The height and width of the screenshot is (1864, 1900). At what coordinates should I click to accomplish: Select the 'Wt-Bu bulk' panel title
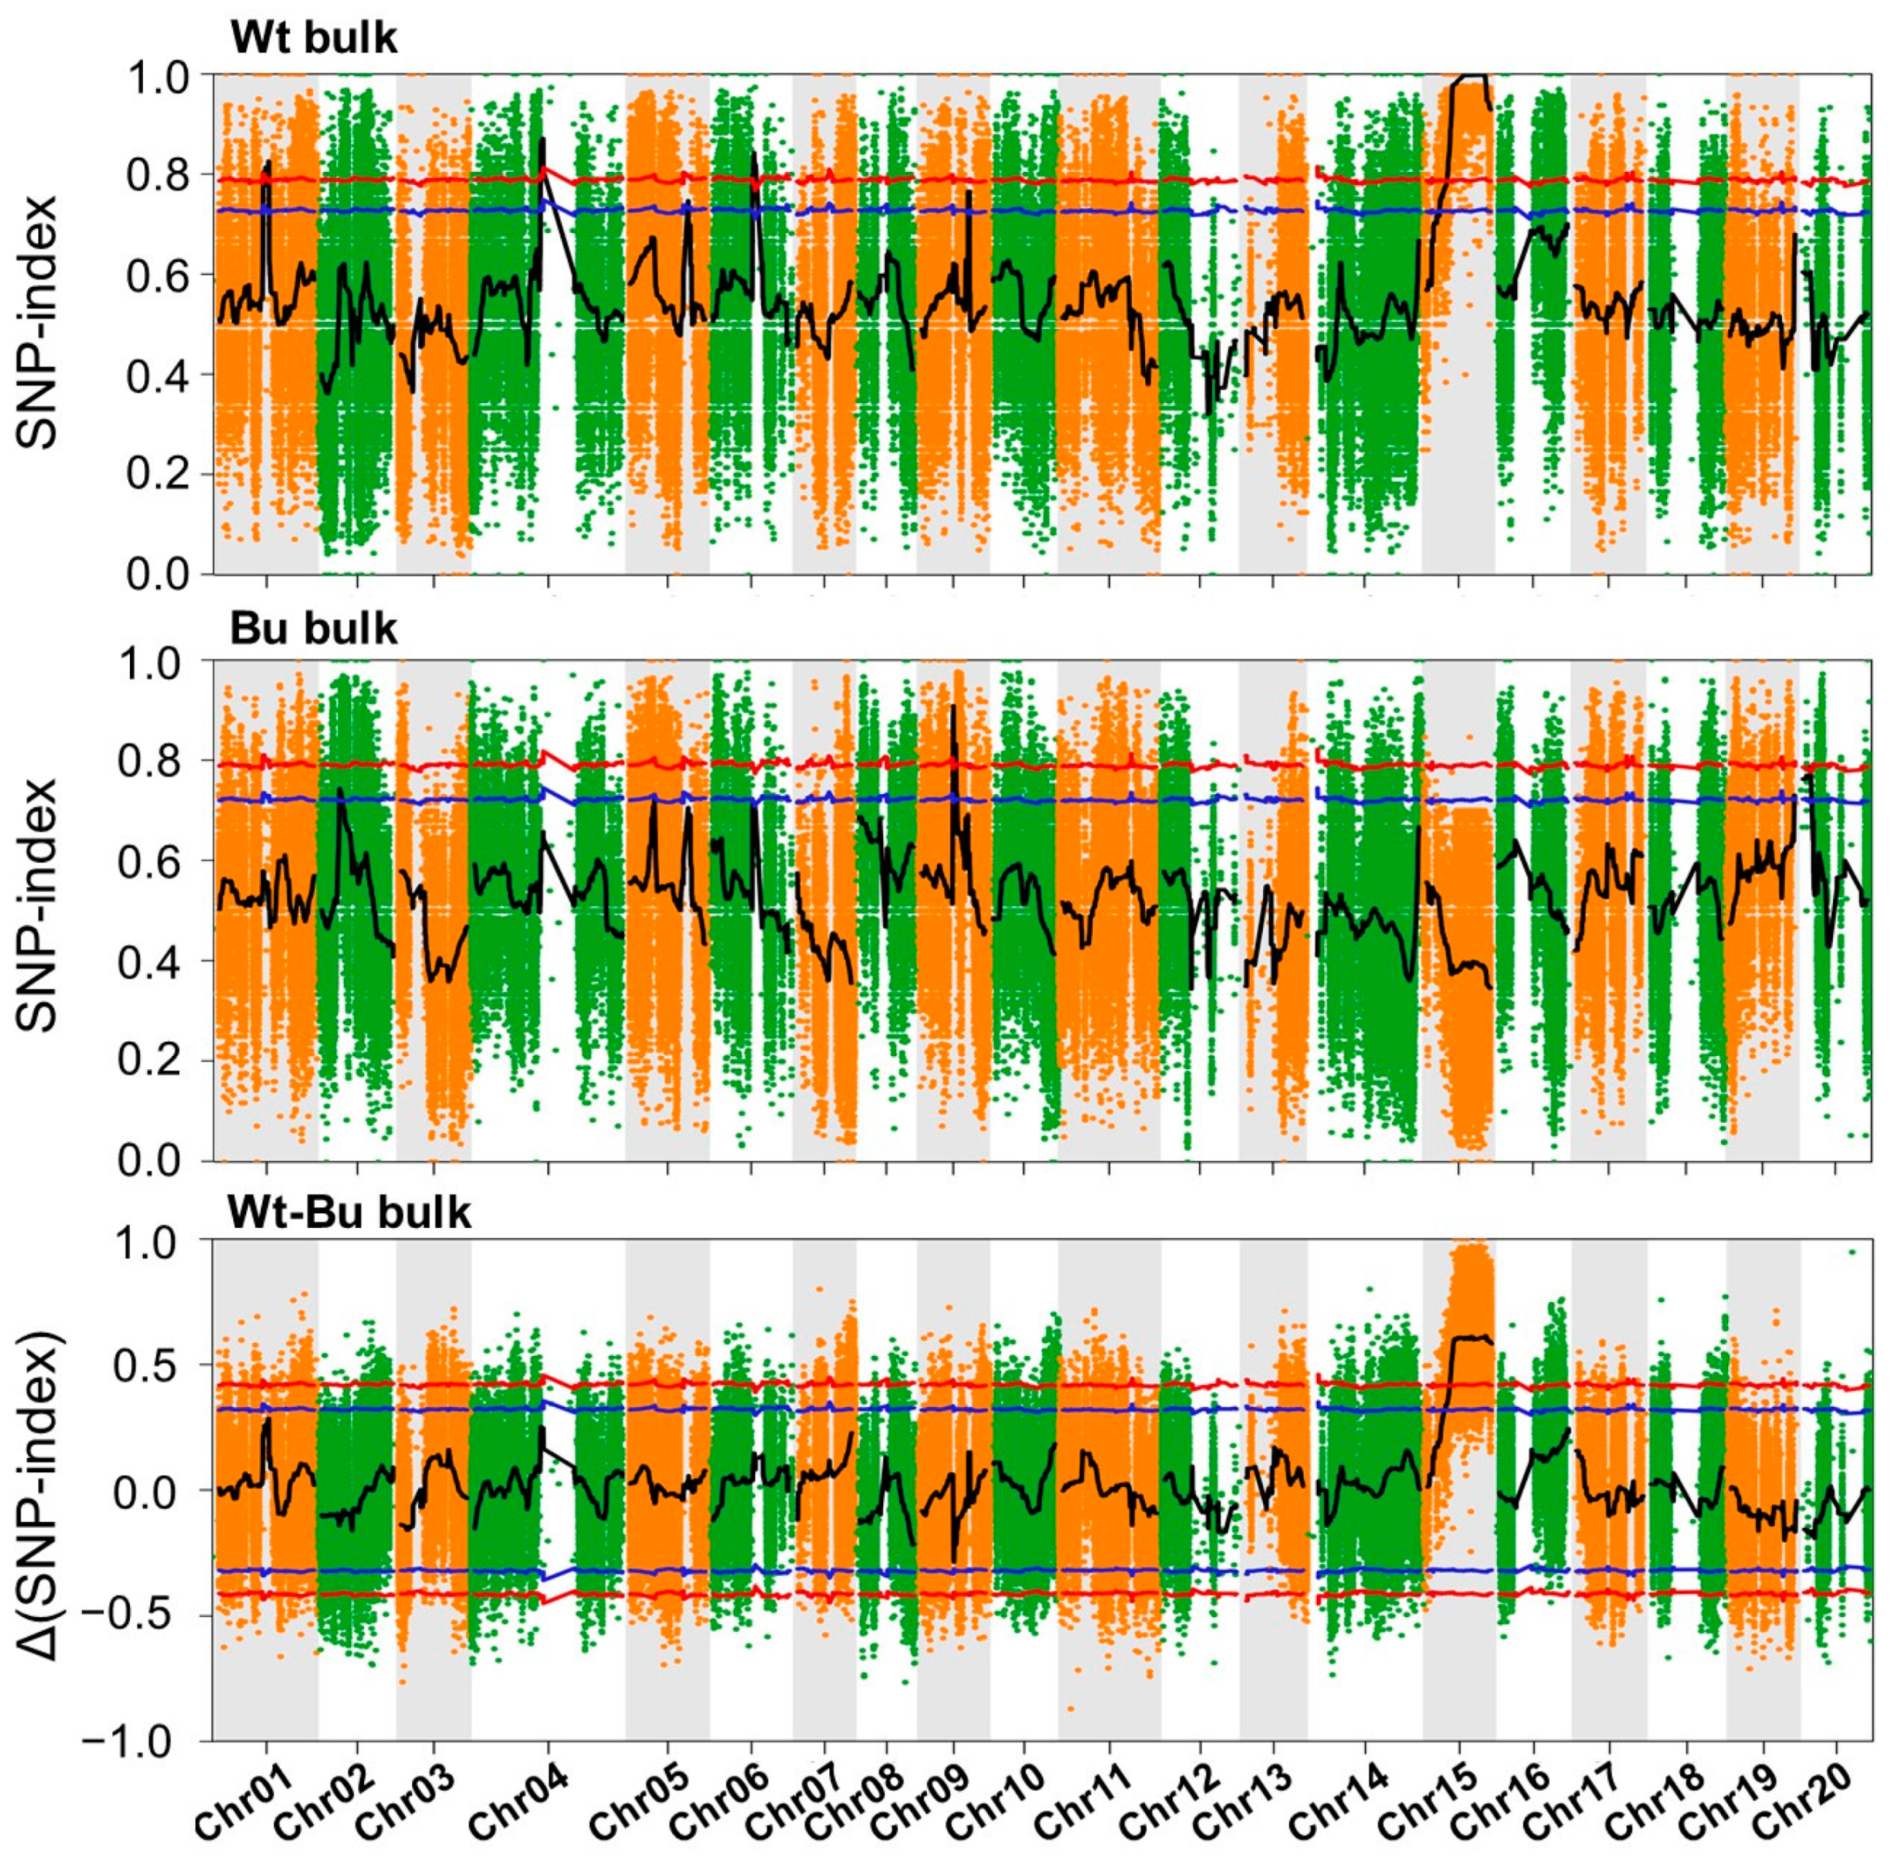[349, 1213]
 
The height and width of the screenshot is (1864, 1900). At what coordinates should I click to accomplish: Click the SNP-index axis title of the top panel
[39, 323]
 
